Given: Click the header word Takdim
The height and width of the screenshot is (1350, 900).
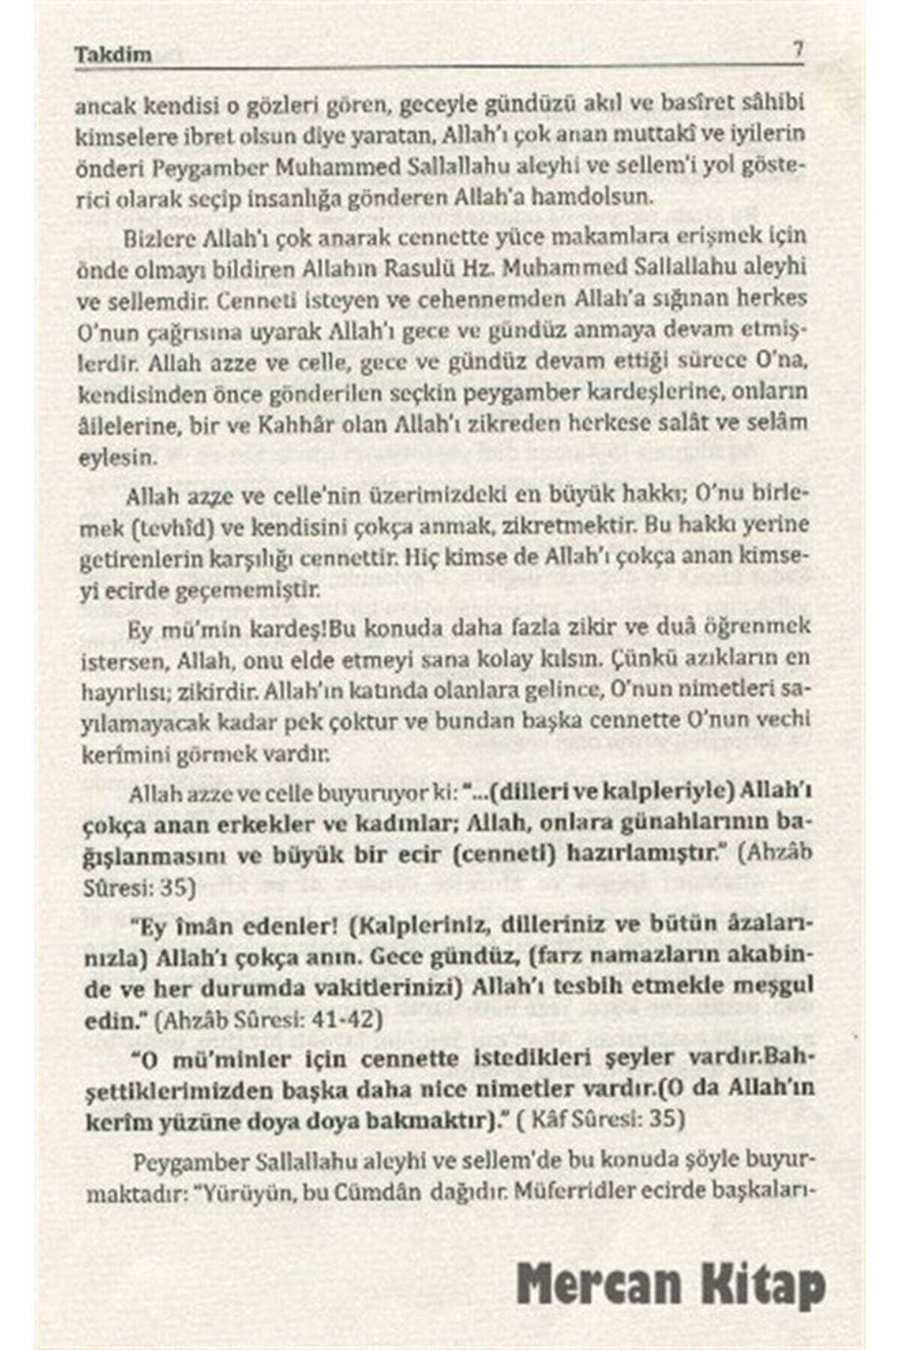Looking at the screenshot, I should pos(114,54).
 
